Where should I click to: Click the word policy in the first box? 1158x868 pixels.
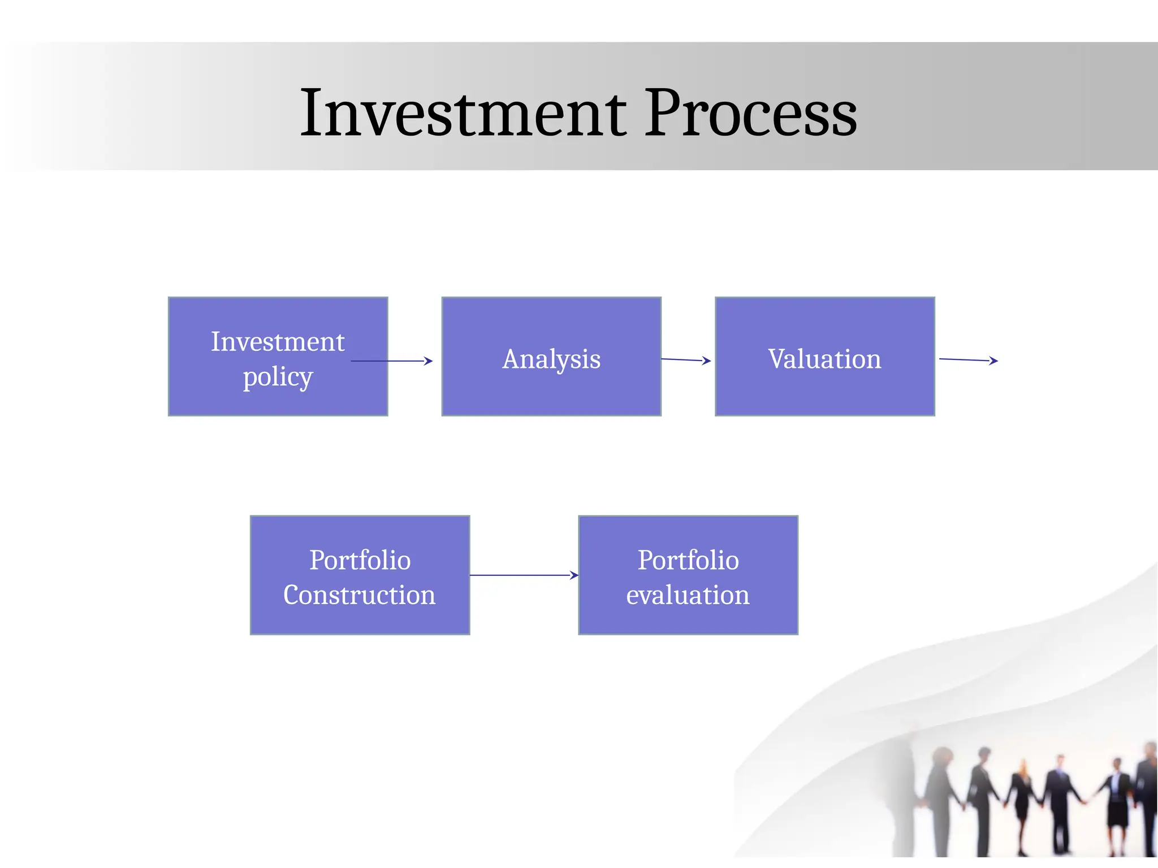click(x=278, y=377)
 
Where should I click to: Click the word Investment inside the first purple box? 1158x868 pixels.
click(x=278, y=341)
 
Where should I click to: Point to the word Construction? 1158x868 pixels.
click(x=359, y=595)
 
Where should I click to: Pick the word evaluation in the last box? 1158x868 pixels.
click(x=688, y=595)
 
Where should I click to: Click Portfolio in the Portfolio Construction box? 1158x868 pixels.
click(x=360, y=560)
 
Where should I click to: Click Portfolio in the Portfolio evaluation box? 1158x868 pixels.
click(x=688, y=560)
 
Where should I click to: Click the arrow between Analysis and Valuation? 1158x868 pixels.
click(x=685, y=359)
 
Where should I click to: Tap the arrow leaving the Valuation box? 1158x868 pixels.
click(x=968, y=359)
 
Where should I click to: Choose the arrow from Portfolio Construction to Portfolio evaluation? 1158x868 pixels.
click(x=523, y=575)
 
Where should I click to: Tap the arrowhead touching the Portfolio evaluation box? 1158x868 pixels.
click(x=574, y=575)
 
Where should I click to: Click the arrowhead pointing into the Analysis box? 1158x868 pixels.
click(x=429, y=361)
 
